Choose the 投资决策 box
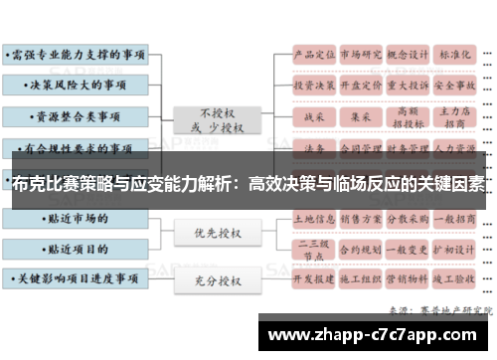coord(311,86)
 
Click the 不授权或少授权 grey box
coord(212,119)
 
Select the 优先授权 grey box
coord(212,234)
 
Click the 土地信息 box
coord(311,218)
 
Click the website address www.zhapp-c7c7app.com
coord(375,332)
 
